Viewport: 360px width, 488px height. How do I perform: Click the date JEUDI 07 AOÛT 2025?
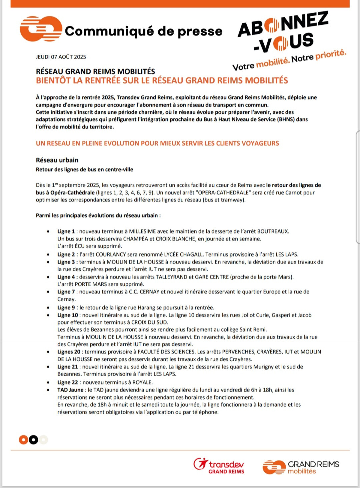(x=61, y=57)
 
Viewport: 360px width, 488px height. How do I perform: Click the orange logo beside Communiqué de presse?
(x=41, y=29)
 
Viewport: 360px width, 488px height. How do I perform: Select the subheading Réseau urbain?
(x=57, y=160)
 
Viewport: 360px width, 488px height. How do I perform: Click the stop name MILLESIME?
(x=142, y=231)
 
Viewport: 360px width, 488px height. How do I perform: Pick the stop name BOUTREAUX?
(x=273, y=231)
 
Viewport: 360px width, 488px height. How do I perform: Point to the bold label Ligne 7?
(x=66, y=292)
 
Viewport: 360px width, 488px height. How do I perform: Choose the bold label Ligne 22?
(x=68, y=383)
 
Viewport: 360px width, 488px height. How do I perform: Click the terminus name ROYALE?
(x=142, y=383)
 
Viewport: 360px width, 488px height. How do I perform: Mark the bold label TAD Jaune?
(x=70, y=390)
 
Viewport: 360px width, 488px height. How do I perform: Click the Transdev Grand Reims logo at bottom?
(x=219, y=466)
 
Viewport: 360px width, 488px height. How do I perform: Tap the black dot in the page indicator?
(x=33, y=440)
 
